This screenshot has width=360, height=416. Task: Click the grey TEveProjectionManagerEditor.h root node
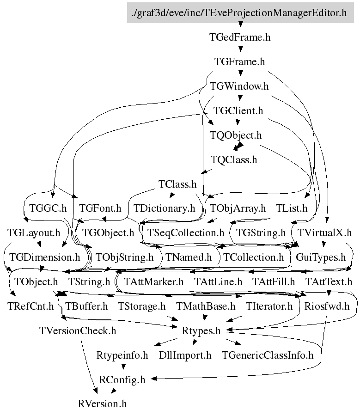(x=240, y=13)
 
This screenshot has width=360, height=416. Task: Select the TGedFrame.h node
(x=240, y=37)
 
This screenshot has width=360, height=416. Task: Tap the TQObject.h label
(x=236, y=135)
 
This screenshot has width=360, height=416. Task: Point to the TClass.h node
(x=177, y=184)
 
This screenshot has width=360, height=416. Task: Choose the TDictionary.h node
(x=164, y=208)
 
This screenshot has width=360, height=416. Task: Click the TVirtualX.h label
(x=324, y=232)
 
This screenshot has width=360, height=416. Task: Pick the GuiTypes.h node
(x=321, y=257)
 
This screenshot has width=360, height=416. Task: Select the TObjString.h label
(x=124, y=257)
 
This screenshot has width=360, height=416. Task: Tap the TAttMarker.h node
(x=153, y=282)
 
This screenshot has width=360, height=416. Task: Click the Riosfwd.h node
(x=327, y=306)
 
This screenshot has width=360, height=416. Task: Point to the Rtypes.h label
(x=201, y=331)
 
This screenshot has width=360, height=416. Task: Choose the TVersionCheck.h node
(x=78, y=331)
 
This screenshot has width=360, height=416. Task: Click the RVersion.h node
(x=103, y=404)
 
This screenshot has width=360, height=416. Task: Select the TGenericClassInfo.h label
(x=268, y=355)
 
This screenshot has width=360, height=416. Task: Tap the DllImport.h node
(x=185, y=355)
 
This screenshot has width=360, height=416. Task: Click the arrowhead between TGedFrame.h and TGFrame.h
(x=241, y=49)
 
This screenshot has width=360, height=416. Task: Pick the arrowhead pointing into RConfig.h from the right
(x=153, y=379)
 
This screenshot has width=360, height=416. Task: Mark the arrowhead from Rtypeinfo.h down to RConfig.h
(x=123, y=367)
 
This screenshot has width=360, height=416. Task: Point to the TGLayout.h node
(x=34, y=232)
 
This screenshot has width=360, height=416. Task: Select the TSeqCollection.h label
(x=185, y=232)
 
